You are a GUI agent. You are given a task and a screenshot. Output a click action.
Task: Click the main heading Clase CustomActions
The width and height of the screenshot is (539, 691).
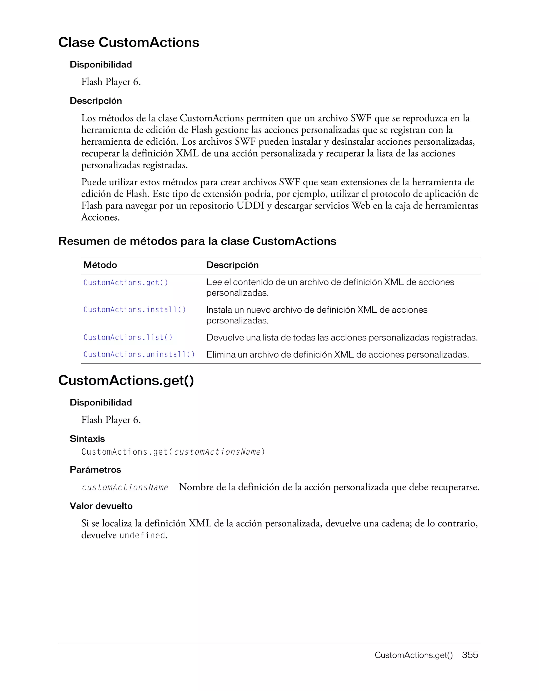coord(129,42)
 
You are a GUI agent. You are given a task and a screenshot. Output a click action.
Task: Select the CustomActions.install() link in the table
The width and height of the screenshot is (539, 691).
coord(134,309)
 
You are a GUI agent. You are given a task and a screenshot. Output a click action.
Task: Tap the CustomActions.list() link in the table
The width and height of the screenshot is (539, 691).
coord(128,337)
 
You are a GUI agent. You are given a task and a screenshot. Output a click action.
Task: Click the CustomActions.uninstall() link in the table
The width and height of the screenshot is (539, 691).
coord(139,354)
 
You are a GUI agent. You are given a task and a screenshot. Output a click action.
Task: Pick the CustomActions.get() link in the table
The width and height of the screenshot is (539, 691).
coord(126,283)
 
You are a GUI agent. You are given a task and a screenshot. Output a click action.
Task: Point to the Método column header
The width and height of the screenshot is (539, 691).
coord(100,265)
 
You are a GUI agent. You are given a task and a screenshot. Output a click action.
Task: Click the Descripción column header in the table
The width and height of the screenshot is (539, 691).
coord(232,265)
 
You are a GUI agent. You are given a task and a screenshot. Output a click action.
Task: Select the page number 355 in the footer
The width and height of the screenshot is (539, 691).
coord(470,655)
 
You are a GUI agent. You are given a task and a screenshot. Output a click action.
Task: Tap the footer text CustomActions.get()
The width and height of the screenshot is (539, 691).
coord(413,655)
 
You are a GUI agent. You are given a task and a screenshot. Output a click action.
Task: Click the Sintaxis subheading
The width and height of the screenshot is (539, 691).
coord(87,439)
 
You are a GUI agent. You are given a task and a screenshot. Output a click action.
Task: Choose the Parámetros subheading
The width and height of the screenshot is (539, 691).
coord(95,470)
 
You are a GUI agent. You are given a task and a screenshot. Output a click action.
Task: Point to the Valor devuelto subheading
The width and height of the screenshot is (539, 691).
coord(101,506)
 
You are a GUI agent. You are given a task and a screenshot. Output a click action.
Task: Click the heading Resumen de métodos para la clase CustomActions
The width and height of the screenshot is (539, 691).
coord(197,241)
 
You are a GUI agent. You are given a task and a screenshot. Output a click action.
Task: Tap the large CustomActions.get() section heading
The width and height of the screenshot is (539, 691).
coord(126,380)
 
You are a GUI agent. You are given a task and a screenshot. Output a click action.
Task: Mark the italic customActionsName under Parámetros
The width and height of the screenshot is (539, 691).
coord(125,487)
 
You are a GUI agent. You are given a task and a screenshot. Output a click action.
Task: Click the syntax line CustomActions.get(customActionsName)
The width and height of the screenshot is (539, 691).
coord(173,452)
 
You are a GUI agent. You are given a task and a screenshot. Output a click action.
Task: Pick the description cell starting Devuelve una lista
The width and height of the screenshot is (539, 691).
coord(342,338)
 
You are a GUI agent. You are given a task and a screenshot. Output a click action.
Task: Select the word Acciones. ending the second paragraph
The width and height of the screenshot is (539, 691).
coord(100,217)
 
